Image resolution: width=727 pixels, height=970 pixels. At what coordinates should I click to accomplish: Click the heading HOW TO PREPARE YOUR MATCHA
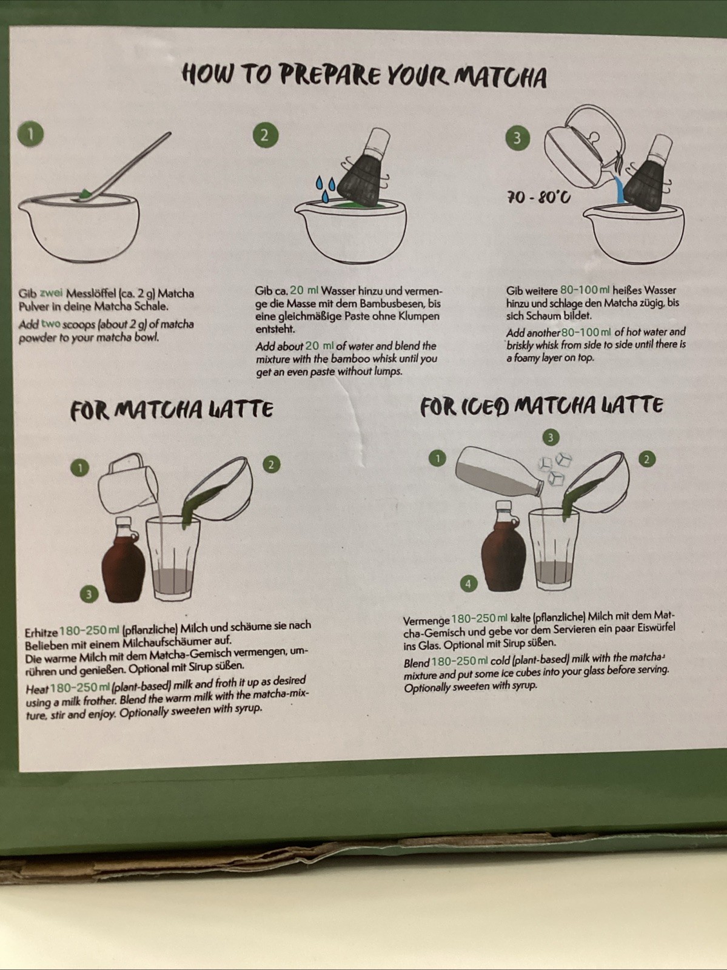click(x=364, y=76)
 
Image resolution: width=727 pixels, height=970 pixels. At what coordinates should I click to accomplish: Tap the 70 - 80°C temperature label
click(x=538, y=197)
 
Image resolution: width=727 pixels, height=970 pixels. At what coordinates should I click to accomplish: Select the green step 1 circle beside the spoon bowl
click(x=30, y=134)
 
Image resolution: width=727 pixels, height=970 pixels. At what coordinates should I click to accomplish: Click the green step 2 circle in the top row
click(x=265, y=135)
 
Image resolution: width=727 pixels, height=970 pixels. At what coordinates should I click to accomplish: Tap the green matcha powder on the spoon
click(x=85, y=194)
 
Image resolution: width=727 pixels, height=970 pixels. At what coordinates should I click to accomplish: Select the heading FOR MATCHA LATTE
click(x=172, y=410)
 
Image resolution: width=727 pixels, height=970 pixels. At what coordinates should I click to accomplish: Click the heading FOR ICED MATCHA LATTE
click(x=541, y=406)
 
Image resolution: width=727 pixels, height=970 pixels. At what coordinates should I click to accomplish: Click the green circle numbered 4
click(x=468, y=584)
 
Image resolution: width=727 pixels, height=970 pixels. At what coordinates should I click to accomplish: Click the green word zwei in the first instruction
click(x=51, y=293)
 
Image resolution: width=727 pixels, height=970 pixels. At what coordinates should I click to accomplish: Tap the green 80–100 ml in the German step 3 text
click(x=585, y=291)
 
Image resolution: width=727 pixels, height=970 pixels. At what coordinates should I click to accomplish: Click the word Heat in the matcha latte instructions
click(x=37, y=689)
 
